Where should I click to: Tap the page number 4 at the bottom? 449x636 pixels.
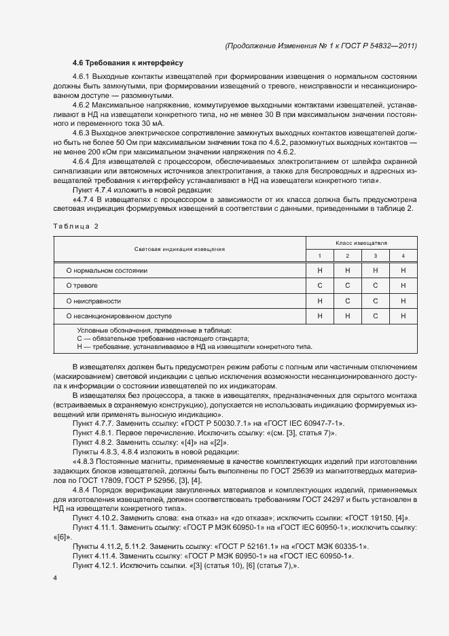click(x=55, y=578)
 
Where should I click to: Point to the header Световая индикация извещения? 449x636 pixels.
click(x=180, y=249)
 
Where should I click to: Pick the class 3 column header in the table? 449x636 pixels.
click(x=375, y=256)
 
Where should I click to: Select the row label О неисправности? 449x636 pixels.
click(x=93, y=300)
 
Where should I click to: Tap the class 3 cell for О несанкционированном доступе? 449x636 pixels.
click(x=375, y=316)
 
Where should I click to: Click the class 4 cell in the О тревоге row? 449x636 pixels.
click(x=403, y=285)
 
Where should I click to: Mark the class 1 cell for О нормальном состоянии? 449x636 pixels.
click(x=320, y=270)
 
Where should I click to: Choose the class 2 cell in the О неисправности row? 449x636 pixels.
click(x=347, y=300)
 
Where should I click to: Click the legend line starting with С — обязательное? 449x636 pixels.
click(x=163, y=338)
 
